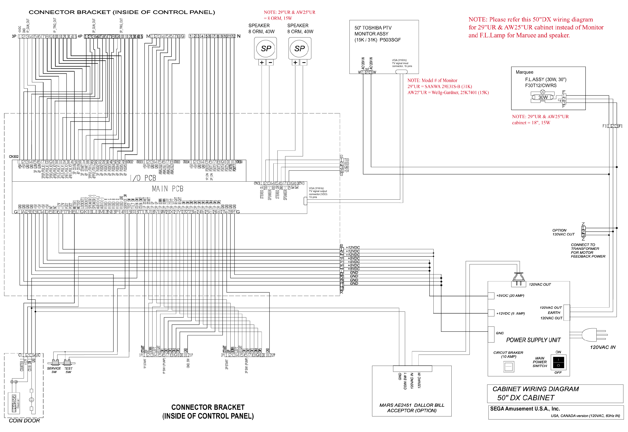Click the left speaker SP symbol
[x=266, y=49]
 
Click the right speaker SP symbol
[x=300, y=49]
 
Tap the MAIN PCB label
[x=168, y=189]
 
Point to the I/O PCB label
[x=143, y=178]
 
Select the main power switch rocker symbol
[x=558, y=362]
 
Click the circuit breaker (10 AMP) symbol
[x=509, y=367]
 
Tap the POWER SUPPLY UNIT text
[x=533, y=340]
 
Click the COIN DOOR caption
[x=24, y=421]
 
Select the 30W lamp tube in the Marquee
[x=543, y=97]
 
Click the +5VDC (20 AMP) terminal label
[x=510, y=296]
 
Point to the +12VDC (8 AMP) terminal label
[x=510, y=313]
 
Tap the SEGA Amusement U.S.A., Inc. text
[x=525, y=409]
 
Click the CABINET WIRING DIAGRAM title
[x=535, y=389]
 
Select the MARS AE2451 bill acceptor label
[x=412, y=408]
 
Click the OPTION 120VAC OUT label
[x=563, y=232]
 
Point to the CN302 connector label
[x=14, y=157]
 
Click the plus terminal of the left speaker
[x=262, y=62]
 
